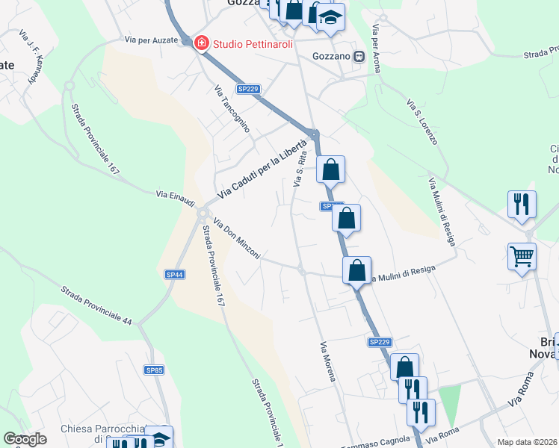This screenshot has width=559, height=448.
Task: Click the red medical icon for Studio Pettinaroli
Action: [x=201, y=43]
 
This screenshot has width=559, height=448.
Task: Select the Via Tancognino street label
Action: [x=231, y=109]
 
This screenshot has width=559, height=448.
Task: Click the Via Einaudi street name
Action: [x=175, y=194]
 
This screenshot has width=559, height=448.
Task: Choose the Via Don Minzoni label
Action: [x=236, y=239]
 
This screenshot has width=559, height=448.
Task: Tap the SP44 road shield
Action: [x=175, y=275]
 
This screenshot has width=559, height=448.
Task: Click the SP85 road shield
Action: [x=154, y=370]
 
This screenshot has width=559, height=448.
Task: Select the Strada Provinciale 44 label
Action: [x=96, y=305]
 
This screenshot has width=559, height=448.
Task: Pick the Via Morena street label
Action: [x=328, y=361]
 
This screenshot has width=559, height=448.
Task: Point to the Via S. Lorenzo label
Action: [x=422, y=121]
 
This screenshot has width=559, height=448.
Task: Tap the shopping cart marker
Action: [x=522, y=255]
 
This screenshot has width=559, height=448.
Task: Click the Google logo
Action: [x=25, y=439]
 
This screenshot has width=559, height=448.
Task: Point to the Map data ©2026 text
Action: [x=528, y=442]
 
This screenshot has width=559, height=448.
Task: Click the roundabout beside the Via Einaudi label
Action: [x=203, y=214]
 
